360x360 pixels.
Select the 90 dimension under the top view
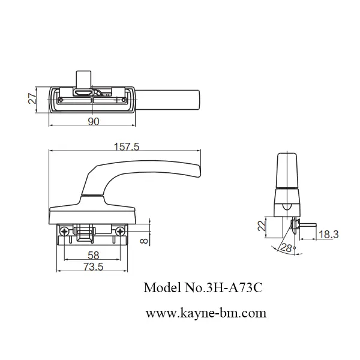[93, 121]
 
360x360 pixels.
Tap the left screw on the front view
[64, 230]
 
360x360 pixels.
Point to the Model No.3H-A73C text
[203, 288]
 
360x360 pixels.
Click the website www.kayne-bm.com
[206, 313]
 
